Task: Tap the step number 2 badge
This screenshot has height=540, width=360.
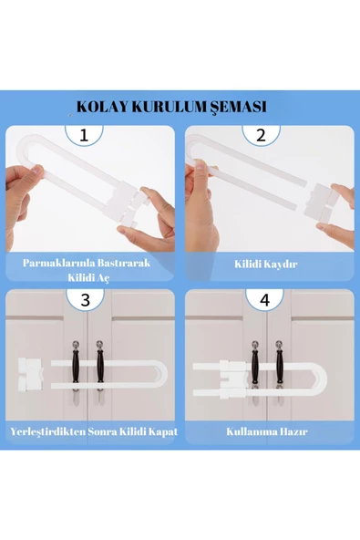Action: [261, 136]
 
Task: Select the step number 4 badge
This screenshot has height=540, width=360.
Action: [264, 299]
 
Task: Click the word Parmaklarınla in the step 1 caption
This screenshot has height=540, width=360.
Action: [62, 263]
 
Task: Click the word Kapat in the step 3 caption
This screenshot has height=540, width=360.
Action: [159, 431]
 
